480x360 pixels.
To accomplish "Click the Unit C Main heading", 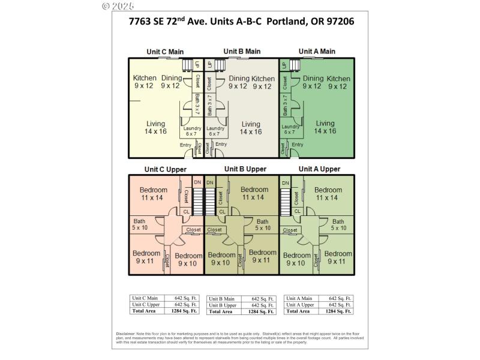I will (165, 52).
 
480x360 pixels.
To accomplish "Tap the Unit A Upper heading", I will (319, 169).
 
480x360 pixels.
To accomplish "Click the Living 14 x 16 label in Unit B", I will (251, 128).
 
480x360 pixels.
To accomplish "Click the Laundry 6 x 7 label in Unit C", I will (192, 131).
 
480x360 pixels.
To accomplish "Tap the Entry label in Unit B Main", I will (221, 144).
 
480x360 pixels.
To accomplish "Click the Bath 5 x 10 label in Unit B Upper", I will (263, 225).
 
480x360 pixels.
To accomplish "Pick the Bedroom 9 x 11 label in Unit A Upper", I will (338, 257).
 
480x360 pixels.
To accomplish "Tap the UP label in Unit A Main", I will (284, 65).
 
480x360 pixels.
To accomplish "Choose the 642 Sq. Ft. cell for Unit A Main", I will (338, 298).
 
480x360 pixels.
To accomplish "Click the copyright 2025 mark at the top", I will (118, 6).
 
